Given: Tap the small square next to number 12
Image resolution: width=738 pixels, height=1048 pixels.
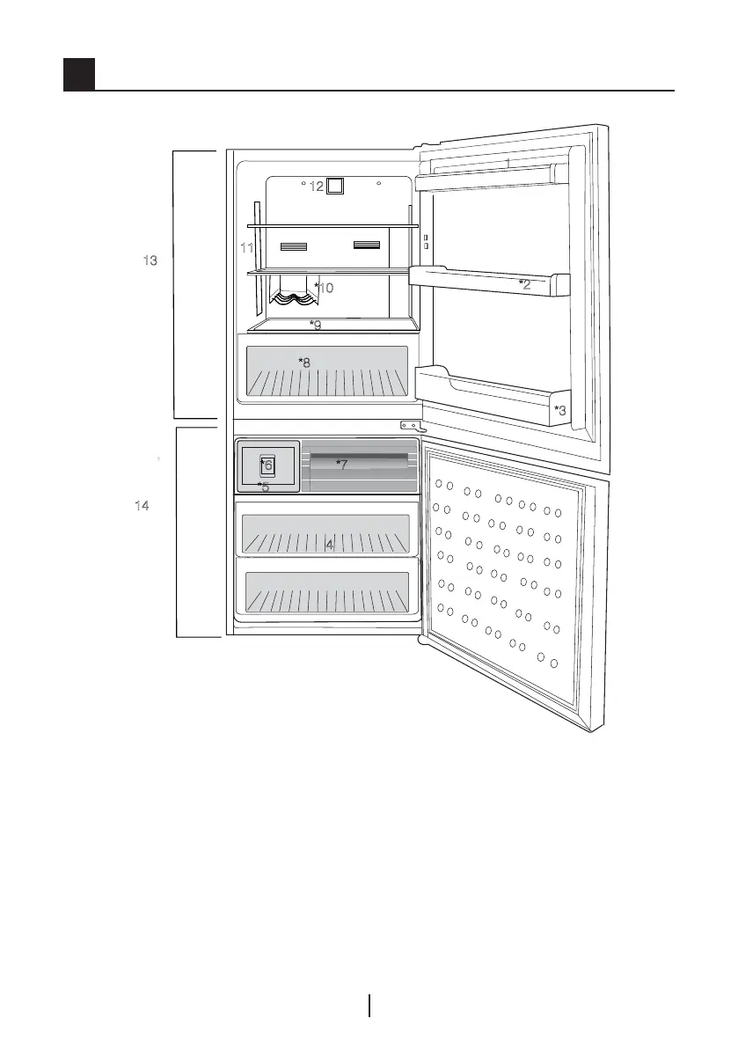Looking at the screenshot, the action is tap(334, 186).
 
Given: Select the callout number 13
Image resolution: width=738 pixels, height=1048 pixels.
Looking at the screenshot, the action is tap(150, 260).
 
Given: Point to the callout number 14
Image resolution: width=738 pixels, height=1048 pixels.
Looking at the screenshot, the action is tap(142, 506).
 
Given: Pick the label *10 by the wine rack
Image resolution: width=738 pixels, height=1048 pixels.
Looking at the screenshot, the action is tap(325, 288).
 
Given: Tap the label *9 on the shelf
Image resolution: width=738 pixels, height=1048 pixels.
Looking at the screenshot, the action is tap(315, 325).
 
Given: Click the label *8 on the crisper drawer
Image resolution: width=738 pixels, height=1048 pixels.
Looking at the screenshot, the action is tap(304, 362).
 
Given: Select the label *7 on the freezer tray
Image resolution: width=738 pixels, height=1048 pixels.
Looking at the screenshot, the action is tap(342, 464).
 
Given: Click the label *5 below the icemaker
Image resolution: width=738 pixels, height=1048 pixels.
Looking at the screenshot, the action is tap(263, 487).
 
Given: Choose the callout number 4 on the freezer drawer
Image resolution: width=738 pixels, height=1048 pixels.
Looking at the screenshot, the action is tap(330, 546).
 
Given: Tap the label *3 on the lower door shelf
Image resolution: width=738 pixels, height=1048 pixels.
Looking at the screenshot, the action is tap(559, 409).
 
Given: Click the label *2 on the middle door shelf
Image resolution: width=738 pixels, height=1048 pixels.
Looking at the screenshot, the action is tap(524, 283).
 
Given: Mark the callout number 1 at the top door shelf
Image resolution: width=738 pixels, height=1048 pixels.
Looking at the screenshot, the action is tap(508, 164).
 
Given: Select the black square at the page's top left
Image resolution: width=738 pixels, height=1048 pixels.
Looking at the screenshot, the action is tap(79, 75).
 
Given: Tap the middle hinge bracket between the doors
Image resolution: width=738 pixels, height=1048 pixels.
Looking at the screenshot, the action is tap(412, 427).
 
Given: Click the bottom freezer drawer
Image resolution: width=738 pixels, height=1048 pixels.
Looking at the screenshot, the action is tap(326, 592).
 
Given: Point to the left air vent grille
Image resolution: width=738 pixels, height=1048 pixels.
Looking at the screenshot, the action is tap(293, 246).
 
